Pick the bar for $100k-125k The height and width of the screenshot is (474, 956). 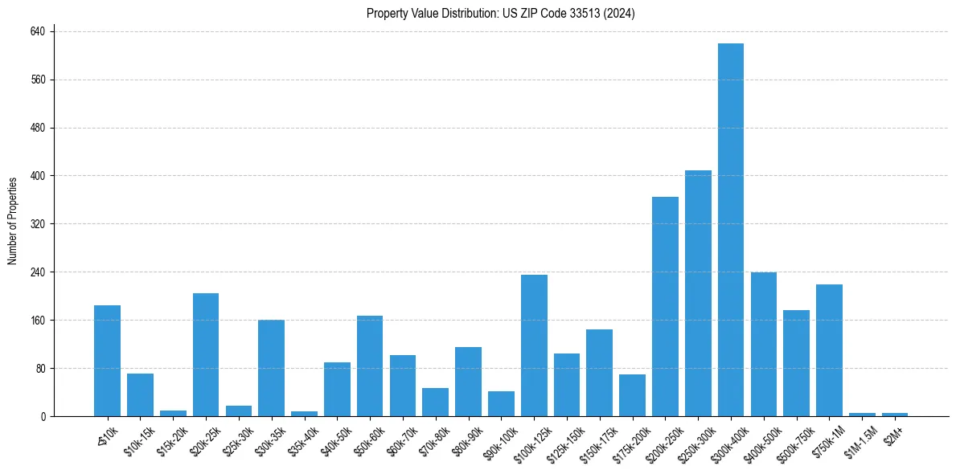pyautogui.click(x=534, y=345)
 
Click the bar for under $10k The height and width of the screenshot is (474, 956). pyautogui.click(x=107, y=361)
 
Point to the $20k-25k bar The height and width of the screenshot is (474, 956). pyautogui.click(x=206, y=354)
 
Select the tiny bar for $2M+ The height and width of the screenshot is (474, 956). pyautogui.click(x=895, y=415)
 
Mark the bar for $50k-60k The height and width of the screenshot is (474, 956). pyautogui.click(x=370, y=366)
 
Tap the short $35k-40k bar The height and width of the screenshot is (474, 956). pyautogui.click(x=304, y=414)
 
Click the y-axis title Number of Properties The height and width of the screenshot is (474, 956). pyautogui.click(x=12, y=221)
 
